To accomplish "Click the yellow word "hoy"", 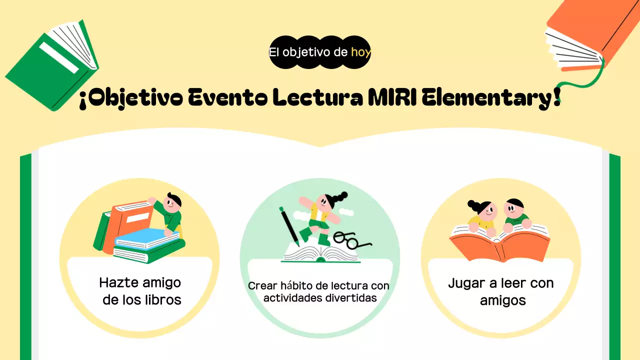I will coord(360,51).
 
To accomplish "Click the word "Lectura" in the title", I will coord(316,98).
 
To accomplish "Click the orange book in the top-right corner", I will coord(590,30).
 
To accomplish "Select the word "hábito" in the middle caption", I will coord(297,286).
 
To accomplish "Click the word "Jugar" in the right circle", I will coord(466,283).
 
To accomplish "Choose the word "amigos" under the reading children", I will coord(502,300).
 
